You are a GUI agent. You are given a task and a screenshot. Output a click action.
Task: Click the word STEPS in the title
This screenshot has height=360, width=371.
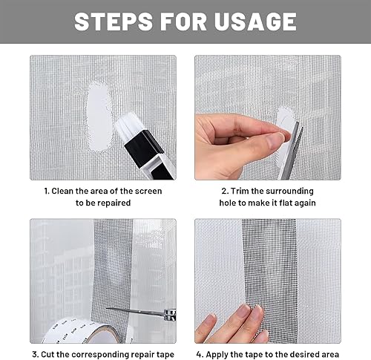click(x=114, y=22)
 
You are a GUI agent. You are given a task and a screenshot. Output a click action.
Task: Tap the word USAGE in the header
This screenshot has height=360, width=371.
click(x=255, y=22)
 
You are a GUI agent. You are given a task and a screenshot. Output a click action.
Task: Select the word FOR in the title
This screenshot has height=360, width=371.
click(x=183, y=22)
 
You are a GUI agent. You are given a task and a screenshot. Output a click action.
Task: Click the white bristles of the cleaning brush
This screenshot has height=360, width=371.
click(x=127, y=128)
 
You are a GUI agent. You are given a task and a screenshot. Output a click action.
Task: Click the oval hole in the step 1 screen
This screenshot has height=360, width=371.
click(x=99, y=117)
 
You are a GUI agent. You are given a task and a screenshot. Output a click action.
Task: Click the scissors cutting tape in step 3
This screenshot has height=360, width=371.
click(x=142, y=312)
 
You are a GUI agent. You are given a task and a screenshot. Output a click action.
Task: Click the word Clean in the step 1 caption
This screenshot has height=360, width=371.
click(x=62, y=191)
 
